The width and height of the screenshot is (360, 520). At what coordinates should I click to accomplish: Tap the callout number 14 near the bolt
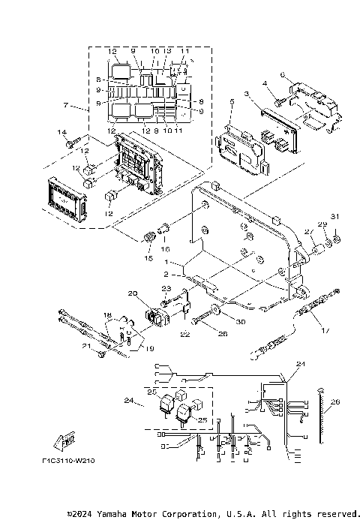pos(61,133)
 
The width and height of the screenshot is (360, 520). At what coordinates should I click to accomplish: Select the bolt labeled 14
pos(73,140)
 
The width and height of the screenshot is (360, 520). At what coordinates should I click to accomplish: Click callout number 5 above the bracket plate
pos(232,101)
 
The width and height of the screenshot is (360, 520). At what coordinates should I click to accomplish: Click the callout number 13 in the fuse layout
pos(169,51)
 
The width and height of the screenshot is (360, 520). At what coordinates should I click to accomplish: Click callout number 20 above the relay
pos(132,293)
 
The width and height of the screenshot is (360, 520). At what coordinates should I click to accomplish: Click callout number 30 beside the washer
pos(241,322)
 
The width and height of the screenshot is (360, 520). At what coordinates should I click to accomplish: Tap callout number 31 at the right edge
pos(336,218)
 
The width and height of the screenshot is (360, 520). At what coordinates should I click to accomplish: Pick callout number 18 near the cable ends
pos(106,316)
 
